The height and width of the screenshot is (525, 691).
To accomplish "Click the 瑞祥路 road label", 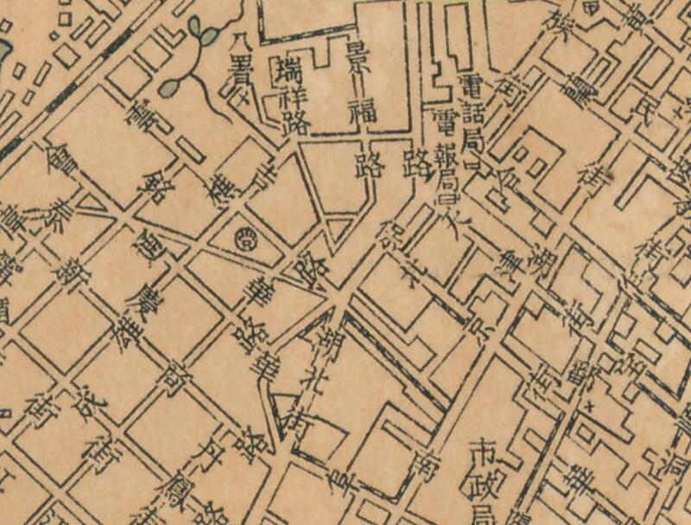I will (x=287, y=90).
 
